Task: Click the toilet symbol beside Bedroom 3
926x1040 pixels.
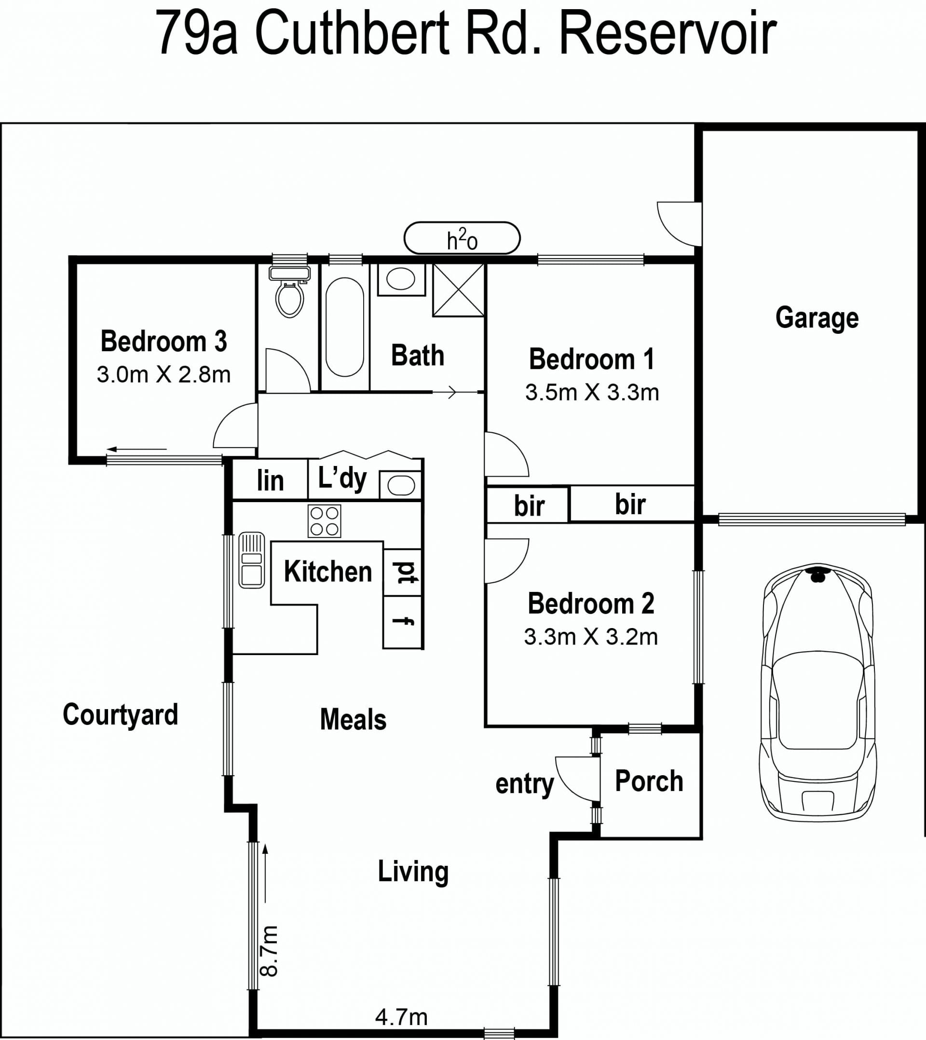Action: (x=289, y=291)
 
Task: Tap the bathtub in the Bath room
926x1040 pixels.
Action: (x=345, y=327)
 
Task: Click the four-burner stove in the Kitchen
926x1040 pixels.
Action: (x=324, y=521)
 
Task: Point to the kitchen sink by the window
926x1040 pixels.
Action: (x=251, y=560)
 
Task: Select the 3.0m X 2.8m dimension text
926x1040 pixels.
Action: (x=164, y=374)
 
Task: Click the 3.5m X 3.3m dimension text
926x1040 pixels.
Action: (x=592, y=392)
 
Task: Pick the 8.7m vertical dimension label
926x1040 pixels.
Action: (x=269, y=951)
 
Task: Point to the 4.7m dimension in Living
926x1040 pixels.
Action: (x=401, y=1017)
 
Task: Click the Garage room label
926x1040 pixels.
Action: (x=817, y=318)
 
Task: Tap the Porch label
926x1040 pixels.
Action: (x=649, y=781)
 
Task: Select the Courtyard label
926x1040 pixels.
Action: (x=121, y=715)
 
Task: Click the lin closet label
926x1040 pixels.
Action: (x=270, y=480)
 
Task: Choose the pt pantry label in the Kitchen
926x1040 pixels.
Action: (x=406, y=573)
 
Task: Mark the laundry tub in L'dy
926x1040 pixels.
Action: (x=401, y=485)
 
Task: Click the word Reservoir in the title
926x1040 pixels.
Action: (x=668, y=34)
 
